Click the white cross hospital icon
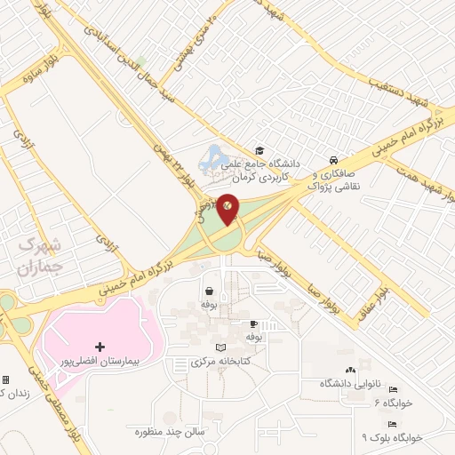99,345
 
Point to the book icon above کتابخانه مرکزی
220,347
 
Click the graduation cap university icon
259,150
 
